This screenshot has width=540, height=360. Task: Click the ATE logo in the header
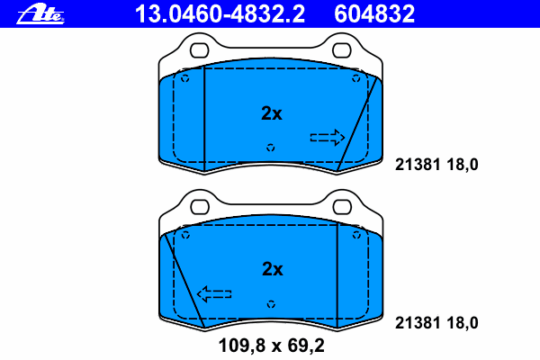click(40, 14)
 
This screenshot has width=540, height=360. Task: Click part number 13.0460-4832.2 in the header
click(220, 14)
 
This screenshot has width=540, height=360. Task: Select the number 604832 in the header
click(374, 14)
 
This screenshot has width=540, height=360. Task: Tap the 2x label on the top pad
click(272, 113)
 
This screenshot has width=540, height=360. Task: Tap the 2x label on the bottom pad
click(273, 269)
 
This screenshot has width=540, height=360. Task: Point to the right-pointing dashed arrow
click(328, 138)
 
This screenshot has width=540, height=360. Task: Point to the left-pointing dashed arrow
click(214, 294)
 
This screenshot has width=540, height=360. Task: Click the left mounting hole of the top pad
click(200, 50)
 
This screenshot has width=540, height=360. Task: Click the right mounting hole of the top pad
click(342, 50)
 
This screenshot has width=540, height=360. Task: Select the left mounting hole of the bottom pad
click(200, 207)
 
